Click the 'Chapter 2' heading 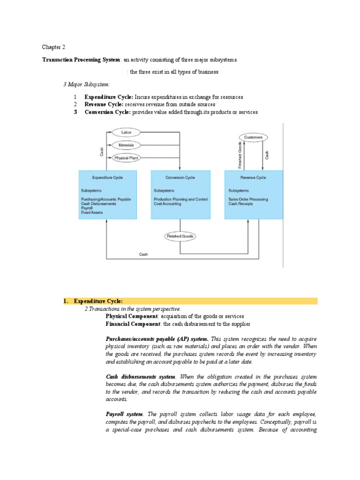pos(54,47)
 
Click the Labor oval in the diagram pos(126,133)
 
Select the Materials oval pos(126,145)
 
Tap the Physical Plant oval pos(126,158)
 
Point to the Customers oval pos(254,137)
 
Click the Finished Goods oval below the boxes pos(180,236)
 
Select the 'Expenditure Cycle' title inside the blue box pos(108,178)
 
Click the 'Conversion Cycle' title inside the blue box pos(180,178)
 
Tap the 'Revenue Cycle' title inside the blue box pos(253,178)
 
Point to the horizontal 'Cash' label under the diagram pos(143,254)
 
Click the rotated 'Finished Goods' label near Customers pos(240,155)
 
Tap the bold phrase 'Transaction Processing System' pos(82,60)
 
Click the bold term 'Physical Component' pos(132,316)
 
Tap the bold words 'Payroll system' pos(125,414)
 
